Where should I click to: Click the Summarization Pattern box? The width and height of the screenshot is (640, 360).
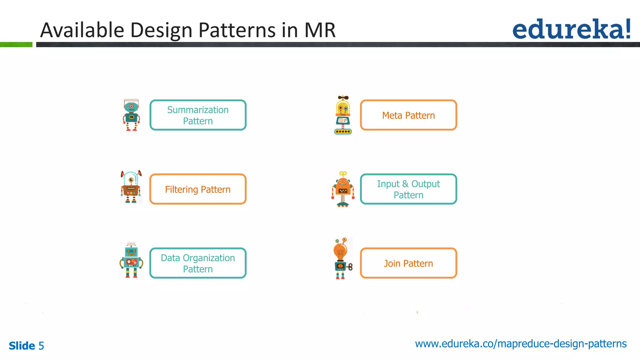[198, 115]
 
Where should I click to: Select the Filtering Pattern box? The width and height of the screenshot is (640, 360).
[198, 189]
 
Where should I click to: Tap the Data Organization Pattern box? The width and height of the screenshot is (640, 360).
[198, 263]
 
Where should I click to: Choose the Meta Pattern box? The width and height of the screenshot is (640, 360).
[408, 115]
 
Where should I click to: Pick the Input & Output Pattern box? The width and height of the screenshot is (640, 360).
[408, 189]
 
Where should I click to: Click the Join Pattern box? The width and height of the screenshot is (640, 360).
[408, 263]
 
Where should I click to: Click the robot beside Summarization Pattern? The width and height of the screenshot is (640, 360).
[131, 115]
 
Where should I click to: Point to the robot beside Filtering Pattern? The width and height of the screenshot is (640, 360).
[131, 187]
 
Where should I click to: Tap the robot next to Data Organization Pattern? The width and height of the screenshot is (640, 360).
[131, 260]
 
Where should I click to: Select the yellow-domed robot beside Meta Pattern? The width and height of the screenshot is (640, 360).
[343, 115]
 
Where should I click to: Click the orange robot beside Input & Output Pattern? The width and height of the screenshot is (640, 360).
[343, 189]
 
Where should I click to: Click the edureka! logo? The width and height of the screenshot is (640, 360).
[571, 29]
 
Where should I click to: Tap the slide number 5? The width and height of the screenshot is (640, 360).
[41, 346]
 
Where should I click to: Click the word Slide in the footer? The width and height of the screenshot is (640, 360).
[22, 346]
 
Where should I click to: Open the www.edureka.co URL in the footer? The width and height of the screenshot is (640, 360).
[521, 344]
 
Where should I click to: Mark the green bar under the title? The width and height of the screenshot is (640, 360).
[16, 45]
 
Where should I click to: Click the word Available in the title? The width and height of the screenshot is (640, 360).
[82, 30]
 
